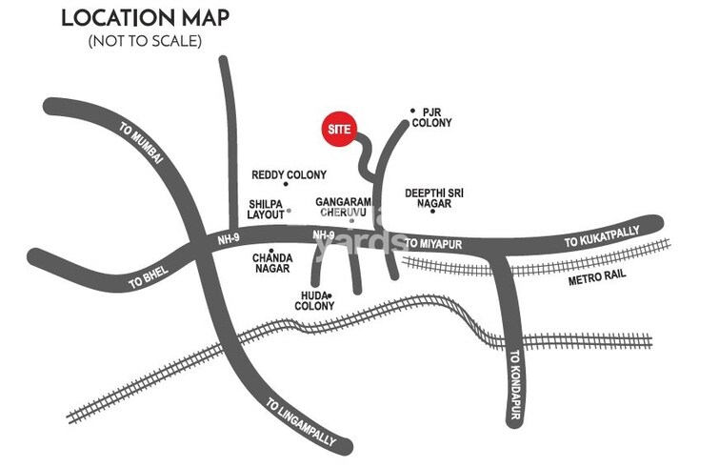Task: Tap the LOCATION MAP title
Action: (x=146, y=19)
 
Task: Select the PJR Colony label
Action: (x=438, y=117)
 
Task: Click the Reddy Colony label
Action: (x=289, y=175)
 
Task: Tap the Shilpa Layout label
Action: (x=267, y=209)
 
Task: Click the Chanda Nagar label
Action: (x=271, y=263)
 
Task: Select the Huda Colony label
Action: (x=313, y=301)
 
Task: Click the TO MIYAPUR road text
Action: (x=433, y=243)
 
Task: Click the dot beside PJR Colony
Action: (x=412, y=111)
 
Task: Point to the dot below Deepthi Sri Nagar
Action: (x=432, y=211)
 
